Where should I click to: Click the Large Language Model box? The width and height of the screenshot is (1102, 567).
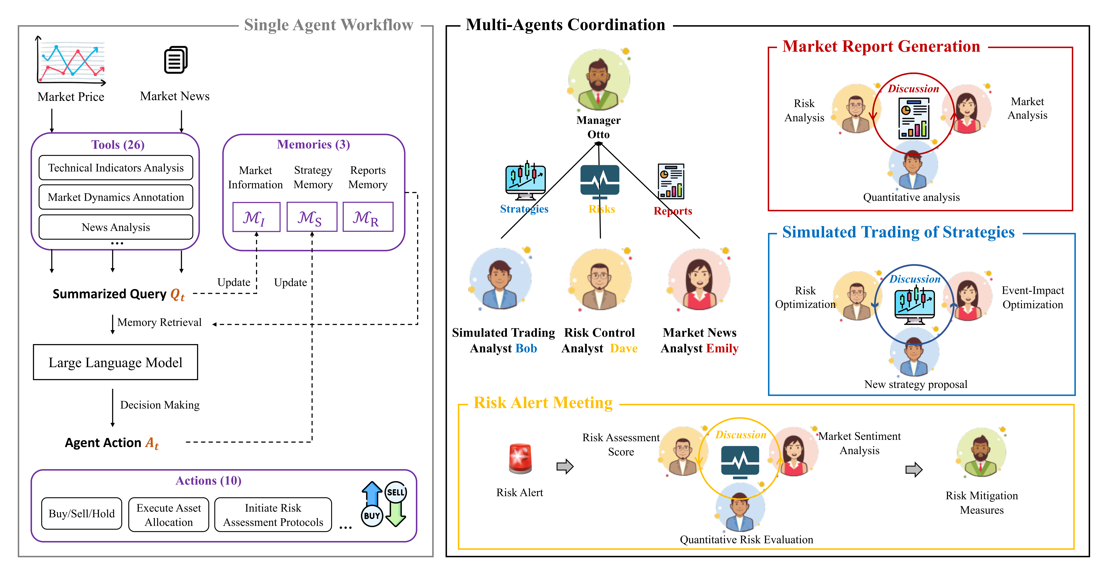pyautogui.click(x=116, y=362)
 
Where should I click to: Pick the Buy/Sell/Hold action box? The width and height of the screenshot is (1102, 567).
pyautogui.click(x=82, y=514)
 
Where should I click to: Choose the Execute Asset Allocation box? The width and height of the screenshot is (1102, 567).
pyautogui.click(x=169, y=515)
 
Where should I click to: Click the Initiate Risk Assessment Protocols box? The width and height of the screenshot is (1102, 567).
pyautogui.click(x=273, y=515)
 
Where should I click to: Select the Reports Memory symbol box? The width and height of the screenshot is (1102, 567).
pyautogui.click(x=367, y=217)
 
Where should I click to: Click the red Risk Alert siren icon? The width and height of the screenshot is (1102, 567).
pyautogui.click(x=520, y=459)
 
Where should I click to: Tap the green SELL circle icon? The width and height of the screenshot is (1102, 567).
pyautogui.click(x=395, y=492)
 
